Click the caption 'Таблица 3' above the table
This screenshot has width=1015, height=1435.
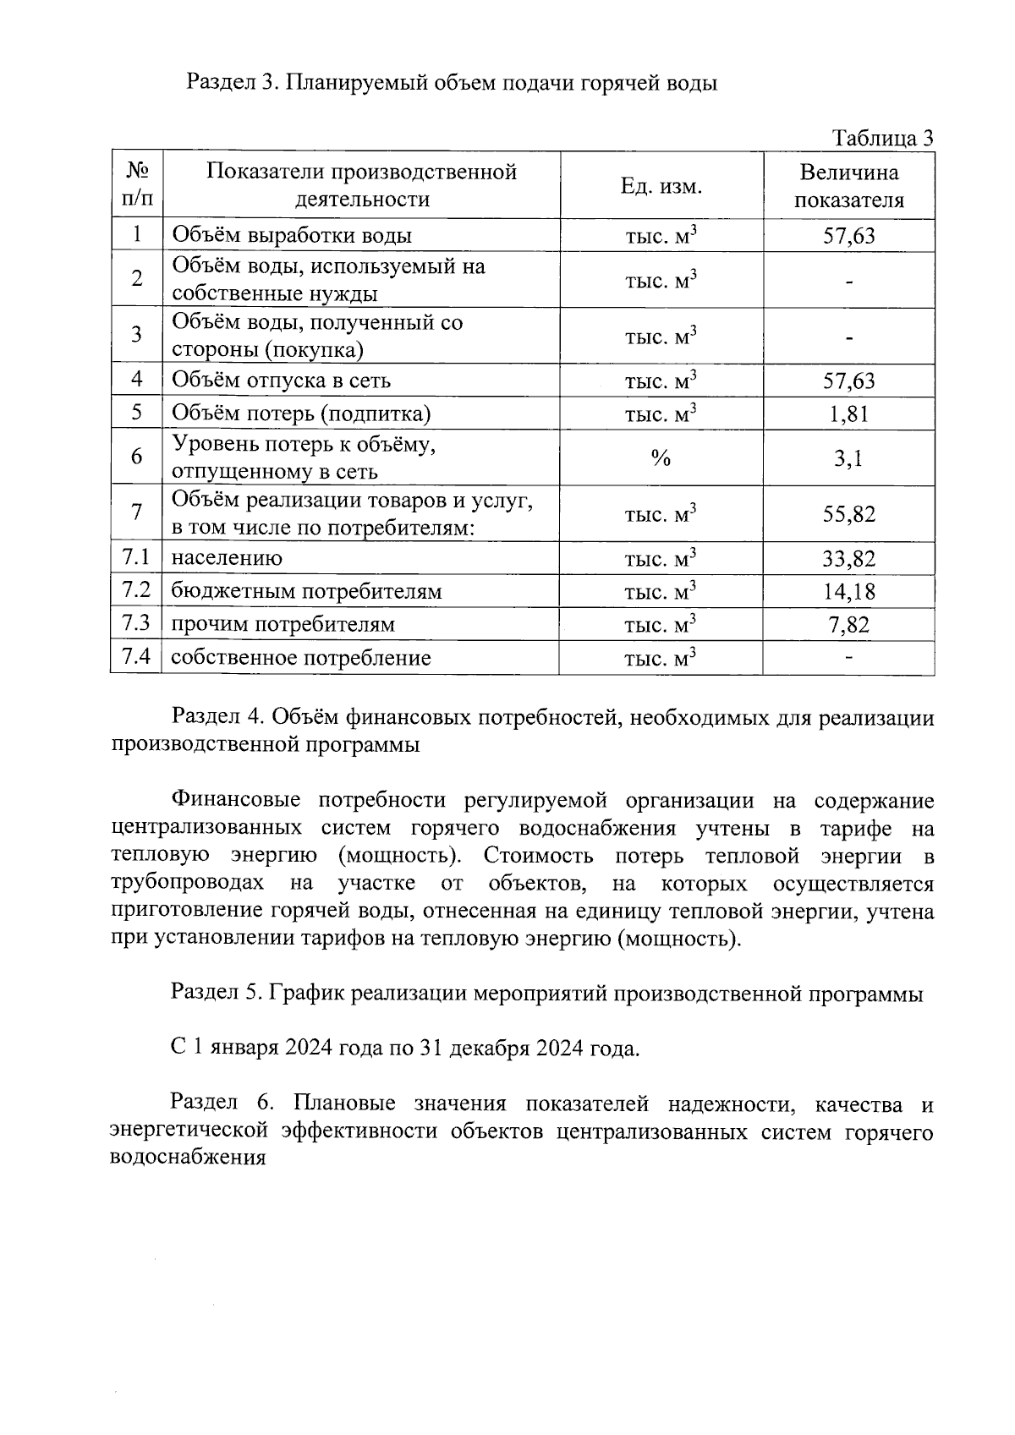click(x=882, y=138)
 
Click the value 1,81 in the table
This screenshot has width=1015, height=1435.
click(x=848, y=414)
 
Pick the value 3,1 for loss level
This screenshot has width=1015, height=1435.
click(x=848, y=458)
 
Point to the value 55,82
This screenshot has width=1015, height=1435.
click(x=848, y=514)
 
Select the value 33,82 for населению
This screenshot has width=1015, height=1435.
click(x=848, y=559)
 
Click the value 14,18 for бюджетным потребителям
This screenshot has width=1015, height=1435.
click(x=848, y=592)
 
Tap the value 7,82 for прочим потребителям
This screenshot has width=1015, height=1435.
click(x=848, y=625)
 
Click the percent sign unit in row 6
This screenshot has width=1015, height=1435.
click(x=661, y=458)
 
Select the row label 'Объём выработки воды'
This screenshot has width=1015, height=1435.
click(x=292, y=236)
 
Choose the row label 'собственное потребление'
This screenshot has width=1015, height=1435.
click(x=301, y=658)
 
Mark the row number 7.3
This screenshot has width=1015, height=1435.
click(x=136, y=624)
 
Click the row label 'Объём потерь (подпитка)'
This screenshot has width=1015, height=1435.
click(x=301, y=414)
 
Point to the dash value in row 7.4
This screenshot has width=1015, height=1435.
click(x=848, y=657)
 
